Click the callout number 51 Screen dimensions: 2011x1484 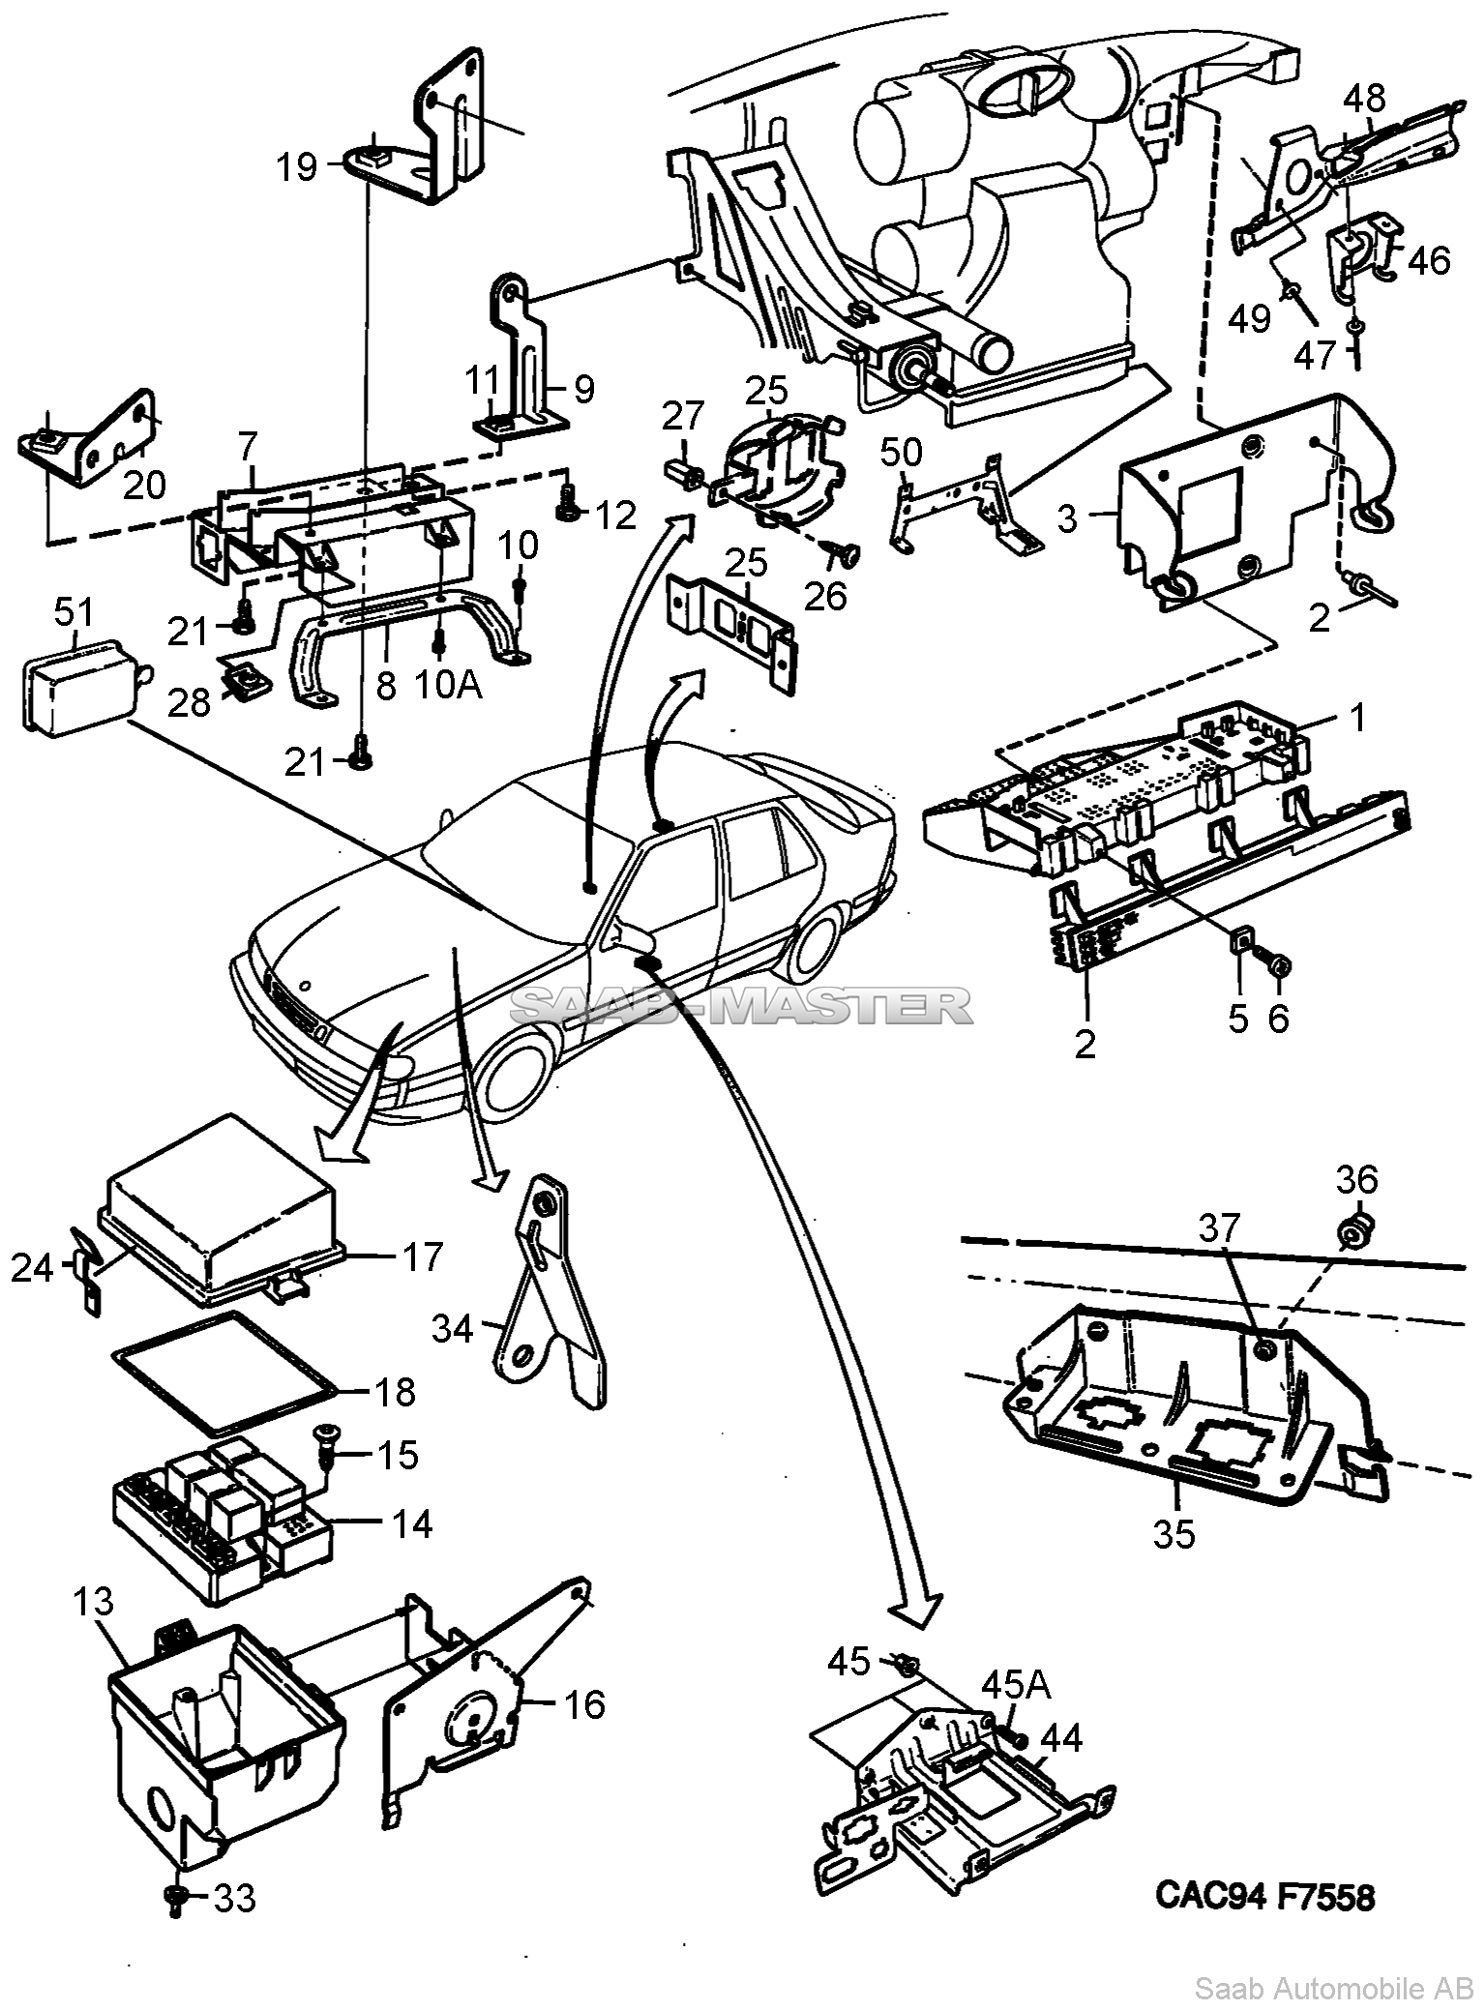(74, 612)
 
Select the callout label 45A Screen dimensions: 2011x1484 (1016, 1685)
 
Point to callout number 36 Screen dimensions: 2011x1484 (1357, 1180)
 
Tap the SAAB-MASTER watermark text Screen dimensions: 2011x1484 (740, 1006)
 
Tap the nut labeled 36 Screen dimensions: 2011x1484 (1353, 1232)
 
